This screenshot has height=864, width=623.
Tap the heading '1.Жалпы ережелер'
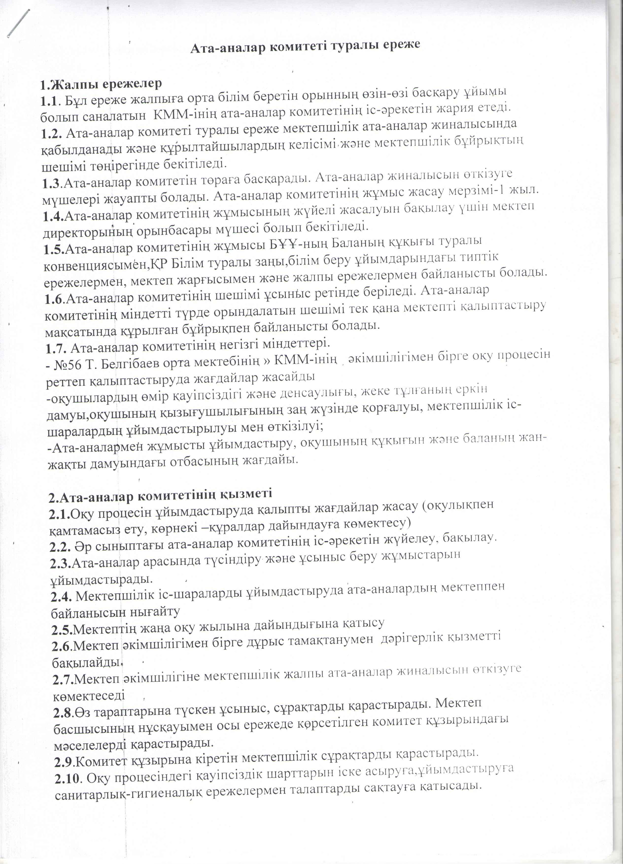[x=101, y=84]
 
